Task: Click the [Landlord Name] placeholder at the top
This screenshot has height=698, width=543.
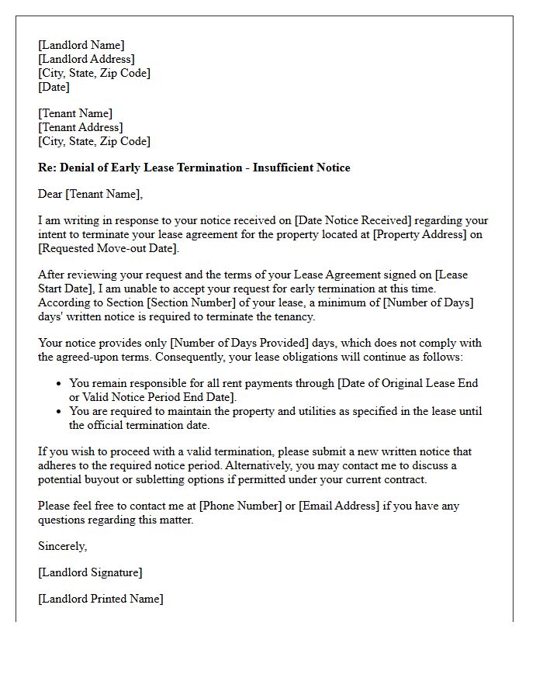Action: pos(81,45)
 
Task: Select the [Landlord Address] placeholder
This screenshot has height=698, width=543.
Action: pos(86,59)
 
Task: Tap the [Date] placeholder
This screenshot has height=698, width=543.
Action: pos(54,87)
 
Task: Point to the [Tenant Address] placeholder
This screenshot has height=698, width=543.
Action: pos(80,127)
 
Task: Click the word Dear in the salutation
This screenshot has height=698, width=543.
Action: pos(51,194)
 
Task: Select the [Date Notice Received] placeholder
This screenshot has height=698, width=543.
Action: pos(356,220)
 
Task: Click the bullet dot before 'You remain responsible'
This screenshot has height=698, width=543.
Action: pos(60,384)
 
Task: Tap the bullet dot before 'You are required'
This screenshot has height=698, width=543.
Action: pos(60,412)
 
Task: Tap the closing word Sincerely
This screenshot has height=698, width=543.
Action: pos(62,546)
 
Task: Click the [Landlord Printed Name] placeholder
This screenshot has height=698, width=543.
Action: pos(101,599)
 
